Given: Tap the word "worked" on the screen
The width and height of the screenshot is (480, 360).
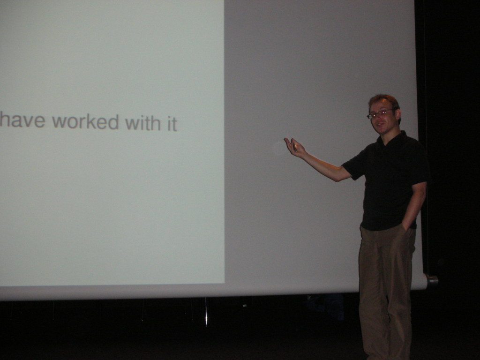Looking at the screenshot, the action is pos(85,121).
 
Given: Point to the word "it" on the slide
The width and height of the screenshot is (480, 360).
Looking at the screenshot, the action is pos(172,123).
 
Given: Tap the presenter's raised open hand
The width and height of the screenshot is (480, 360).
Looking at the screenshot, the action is pos(294,147).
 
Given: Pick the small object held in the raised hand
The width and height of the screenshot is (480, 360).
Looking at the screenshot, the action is pos(295,147).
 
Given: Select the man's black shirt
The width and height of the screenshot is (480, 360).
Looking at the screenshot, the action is pos(387,180).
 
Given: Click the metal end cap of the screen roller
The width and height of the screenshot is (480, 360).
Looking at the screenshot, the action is pos(432,280).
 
